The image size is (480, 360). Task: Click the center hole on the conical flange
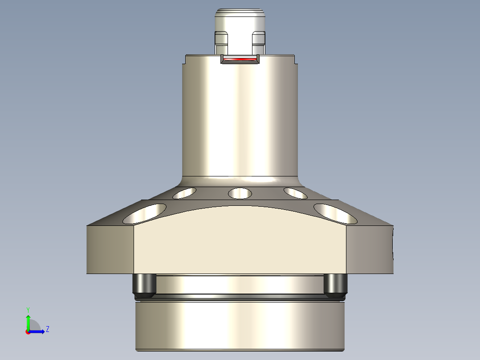point(240,193)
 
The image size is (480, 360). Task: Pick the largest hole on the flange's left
point(145,213)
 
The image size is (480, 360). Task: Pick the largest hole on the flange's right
point(335,213)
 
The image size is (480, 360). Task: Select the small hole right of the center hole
point(295,193)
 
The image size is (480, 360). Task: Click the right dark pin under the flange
point(335,286)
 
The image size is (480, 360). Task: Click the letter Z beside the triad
point(47,329)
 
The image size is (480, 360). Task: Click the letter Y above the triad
point(28,309)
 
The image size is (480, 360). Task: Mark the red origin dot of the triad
point(28,332)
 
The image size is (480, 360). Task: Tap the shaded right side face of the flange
point(370,250)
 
